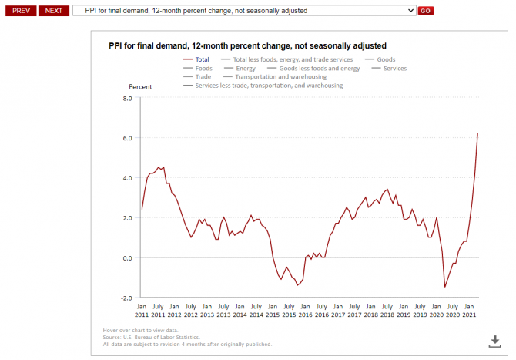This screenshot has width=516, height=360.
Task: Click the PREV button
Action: [x=20, y=11]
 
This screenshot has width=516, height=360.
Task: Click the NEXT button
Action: [x=53, y=11]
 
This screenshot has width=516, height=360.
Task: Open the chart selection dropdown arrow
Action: [x=409, y=11]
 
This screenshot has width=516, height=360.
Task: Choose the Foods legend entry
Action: [x=203, y=68]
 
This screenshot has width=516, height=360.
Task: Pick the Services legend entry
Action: [x=394, y=68]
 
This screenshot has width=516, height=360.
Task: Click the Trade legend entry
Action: [x=203, y=76]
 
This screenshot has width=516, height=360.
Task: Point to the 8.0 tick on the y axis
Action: [x=128, y=98]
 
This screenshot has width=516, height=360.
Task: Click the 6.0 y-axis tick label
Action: [x=128, y=138]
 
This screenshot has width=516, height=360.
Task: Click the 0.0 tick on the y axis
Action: [x=128, y=257]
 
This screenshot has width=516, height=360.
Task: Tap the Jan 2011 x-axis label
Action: [x=142, y=311]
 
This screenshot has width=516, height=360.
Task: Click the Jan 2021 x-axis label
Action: [x=470, y=311]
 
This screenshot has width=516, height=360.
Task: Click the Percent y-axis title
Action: [x=140, y=86]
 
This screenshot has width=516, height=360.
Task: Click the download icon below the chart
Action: [x=496, y=341]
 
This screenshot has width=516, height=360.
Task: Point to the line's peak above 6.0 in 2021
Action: [x=477, y=133]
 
